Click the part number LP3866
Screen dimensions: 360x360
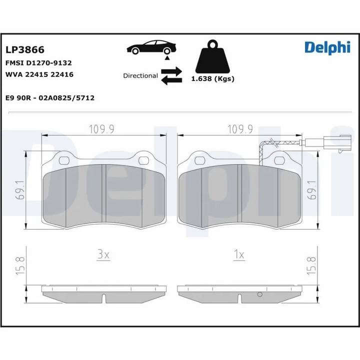[x=24, y=49]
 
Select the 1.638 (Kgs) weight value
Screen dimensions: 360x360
[x=213, y=78]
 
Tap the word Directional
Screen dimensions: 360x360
[x=140, y=76]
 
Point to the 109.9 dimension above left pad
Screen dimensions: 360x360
[x=102, y=129]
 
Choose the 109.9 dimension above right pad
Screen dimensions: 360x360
[x=239, y=129]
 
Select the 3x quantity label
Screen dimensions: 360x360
[x=103, y=254]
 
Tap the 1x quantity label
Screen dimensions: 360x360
[x=239, y=254]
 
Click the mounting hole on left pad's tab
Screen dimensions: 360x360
[x=63, y=161]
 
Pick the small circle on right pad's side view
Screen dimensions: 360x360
[x=259, y=294]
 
